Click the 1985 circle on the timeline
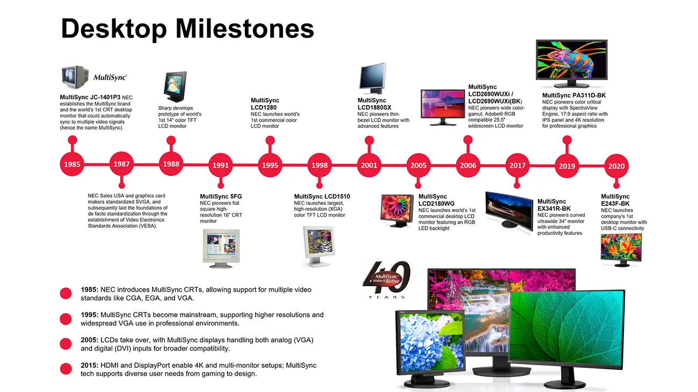[72, 164]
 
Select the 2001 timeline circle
[369, 165]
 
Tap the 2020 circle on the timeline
[616, 166]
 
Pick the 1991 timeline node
[221, 165]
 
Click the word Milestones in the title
[245, 28]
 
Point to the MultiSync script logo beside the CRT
[110, 77]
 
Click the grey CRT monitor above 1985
[75, 77]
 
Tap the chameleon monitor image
[572, 63]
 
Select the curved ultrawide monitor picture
[509, 211]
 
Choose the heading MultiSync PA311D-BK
[574, 95]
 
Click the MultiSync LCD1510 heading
[322, 197]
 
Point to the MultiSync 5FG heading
[221, 197]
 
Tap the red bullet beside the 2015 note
[66, 368]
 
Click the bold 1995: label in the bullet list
[90, 315]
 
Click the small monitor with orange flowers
[621, 250]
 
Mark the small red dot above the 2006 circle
[468, 140]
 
